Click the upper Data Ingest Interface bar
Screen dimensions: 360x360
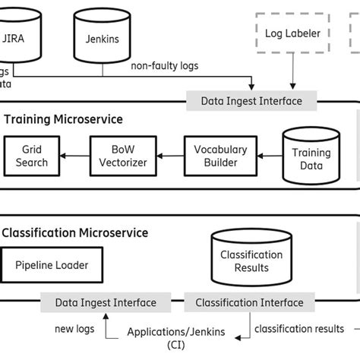coord(251,100)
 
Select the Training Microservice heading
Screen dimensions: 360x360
coord(64,119)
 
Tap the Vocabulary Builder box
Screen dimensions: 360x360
coord(216,156)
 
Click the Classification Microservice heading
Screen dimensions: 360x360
coord(76,232)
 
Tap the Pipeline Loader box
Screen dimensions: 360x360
coord(52,265)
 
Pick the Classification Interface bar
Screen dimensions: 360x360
coord(250,302)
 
